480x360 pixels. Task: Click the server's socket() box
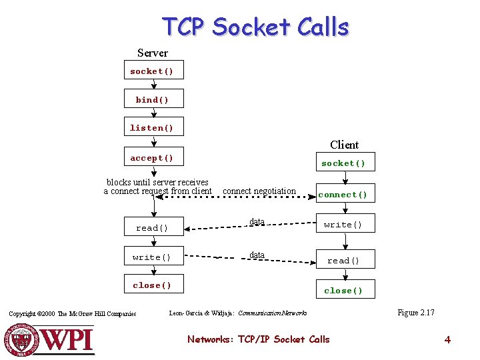[153, 71]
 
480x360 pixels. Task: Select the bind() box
[153, 100]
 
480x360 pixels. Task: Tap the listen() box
[152, 128]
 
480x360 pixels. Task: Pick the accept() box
[153, 158]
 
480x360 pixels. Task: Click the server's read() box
[153, 228]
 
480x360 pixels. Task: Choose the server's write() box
[153, 257]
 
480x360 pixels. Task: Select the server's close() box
[153, 285]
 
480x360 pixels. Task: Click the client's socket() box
[344, 163]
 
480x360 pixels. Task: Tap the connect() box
[344, 195]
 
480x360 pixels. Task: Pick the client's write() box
[344, 225]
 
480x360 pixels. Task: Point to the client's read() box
[344, 261]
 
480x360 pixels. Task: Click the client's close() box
[344, 290]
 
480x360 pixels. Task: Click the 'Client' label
[344, 145]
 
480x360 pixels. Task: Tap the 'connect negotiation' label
[259, 191]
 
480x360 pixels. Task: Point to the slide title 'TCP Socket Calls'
[256, 27]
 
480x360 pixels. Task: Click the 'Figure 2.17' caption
[416, 313]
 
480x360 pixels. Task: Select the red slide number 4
[447, 340]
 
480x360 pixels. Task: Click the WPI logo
[50, 339]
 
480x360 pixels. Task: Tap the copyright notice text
[73, 314]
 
